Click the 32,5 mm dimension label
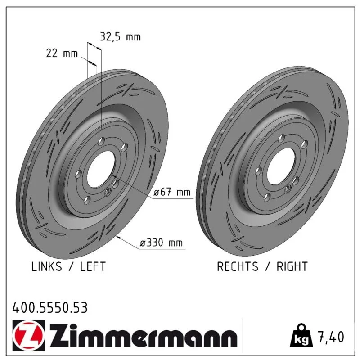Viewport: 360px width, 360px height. [120, 37]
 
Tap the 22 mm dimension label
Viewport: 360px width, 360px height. [62, 54]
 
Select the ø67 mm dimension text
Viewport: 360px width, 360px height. [172, 192]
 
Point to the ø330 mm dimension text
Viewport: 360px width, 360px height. [161, 243]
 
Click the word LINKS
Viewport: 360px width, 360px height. [47, 266]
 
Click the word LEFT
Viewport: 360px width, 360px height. [93, 266]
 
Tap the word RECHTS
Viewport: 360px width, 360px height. [238, 266]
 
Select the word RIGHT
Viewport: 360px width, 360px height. [292, 266]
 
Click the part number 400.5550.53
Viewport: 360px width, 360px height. [50, 308]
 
